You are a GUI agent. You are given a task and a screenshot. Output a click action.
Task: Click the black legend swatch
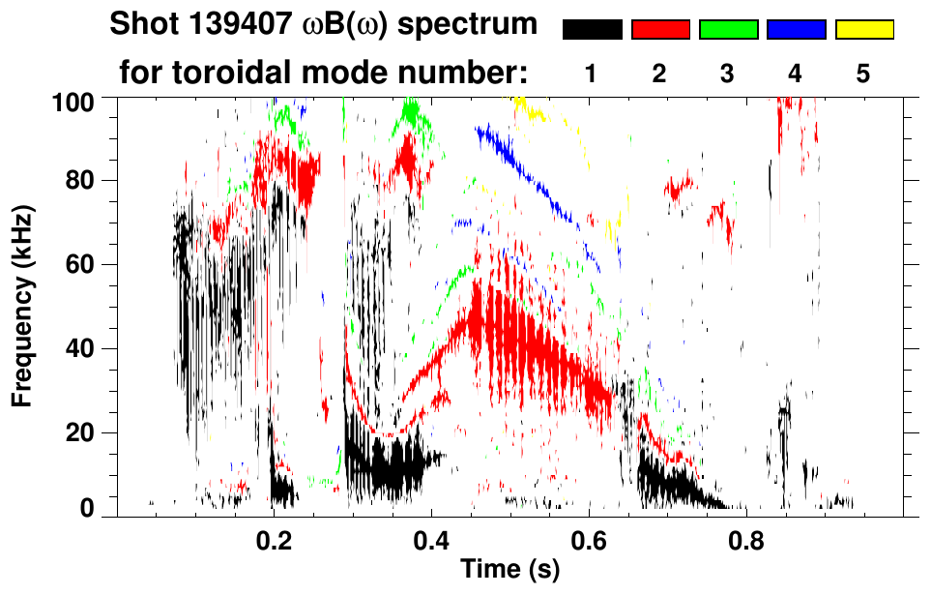click(592, 30)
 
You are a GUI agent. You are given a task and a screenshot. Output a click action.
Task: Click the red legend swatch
click(660, 30)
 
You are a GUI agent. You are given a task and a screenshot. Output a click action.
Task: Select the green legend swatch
click(728, 30)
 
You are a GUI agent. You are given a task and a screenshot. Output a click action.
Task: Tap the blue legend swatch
click(796, 30)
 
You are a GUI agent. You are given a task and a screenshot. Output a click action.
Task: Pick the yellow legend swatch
click(863, 30)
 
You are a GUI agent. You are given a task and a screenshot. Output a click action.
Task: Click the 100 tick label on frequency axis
click(80, 100)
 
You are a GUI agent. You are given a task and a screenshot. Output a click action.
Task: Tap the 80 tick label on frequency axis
click(86, 181)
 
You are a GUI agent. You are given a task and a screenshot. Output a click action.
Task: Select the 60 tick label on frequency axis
click(86, 264)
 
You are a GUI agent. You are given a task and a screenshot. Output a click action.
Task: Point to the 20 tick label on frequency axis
click(86, 432)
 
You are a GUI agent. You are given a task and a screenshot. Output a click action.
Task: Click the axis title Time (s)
click(509, 572)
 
